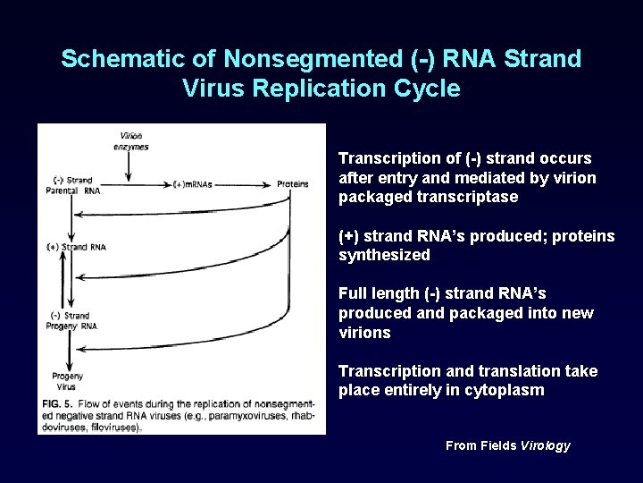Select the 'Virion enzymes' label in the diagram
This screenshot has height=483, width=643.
tap(131, 141)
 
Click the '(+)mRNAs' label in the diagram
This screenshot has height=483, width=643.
tap(192, 184)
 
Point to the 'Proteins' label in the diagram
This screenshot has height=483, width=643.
tap(292, 184)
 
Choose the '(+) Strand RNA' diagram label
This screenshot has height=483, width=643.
tap(77, 247)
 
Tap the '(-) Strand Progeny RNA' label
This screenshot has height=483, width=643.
tap(71, 320)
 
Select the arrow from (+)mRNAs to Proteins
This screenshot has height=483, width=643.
tap(243, 184)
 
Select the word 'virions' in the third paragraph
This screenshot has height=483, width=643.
tap(364, 333)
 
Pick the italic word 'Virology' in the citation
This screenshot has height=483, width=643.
tap(545, 445)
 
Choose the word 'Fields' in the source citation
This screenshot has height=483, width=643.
tap(498, 445)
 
